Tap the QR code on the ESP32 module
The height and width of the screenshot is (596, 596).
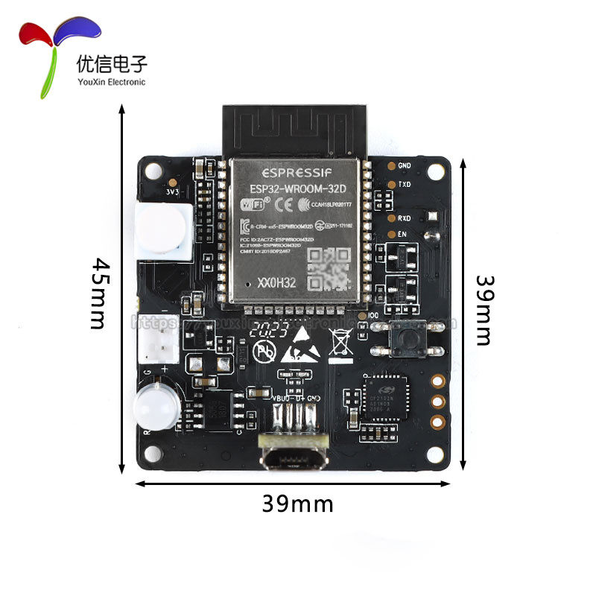(329, 268)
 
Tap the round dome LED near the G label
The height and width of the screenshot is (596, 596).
(155, 406)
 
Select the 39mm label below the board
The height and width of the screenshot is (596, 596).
(297, 504)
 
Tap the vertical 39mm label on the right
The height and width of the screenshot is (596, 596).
(484, 310)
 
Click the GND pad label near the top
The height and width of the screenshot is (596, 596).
(405, 165)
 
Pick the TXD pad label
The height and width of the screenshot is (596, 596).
(405, 183)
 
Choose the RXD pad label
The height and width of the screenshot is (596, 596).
(405, 218)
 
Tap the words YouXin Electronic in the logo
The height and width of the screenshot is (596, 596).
(112, 82)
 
